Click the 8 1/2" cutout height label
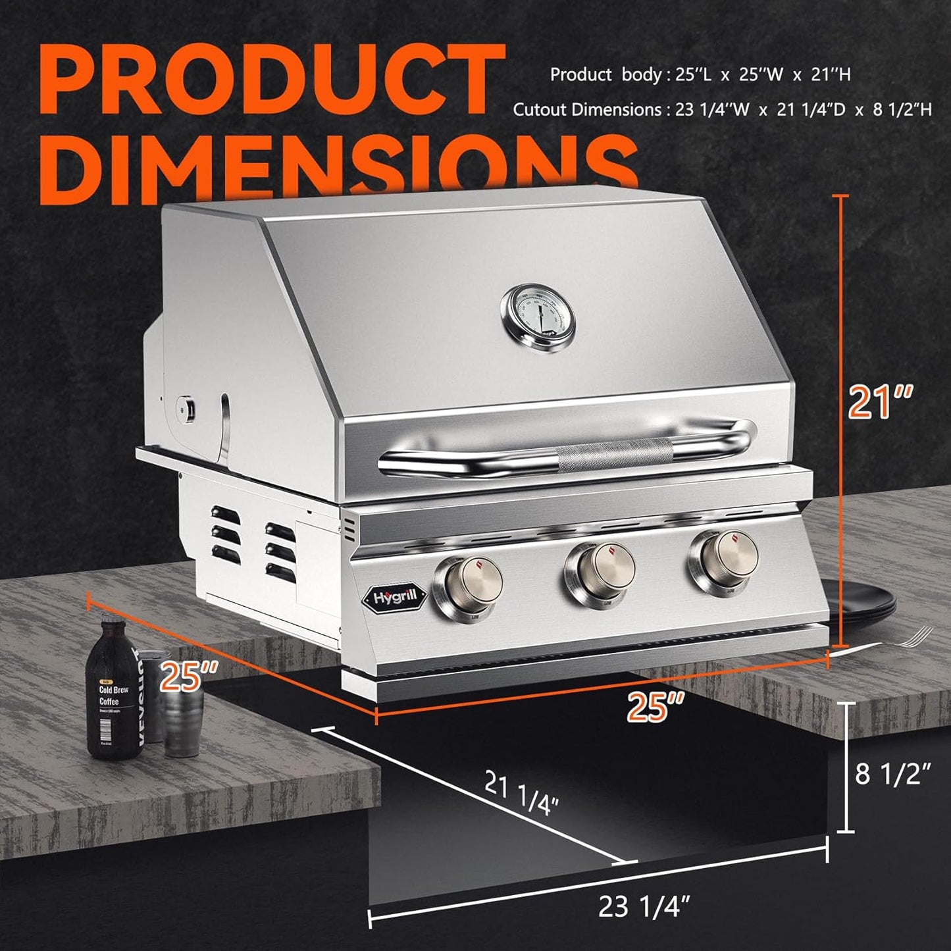[892, 774]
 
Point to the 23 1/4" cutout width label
[644, 907]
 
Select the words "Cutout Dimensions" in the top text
[586, 109]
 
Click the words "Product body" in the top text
[605, 75]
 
